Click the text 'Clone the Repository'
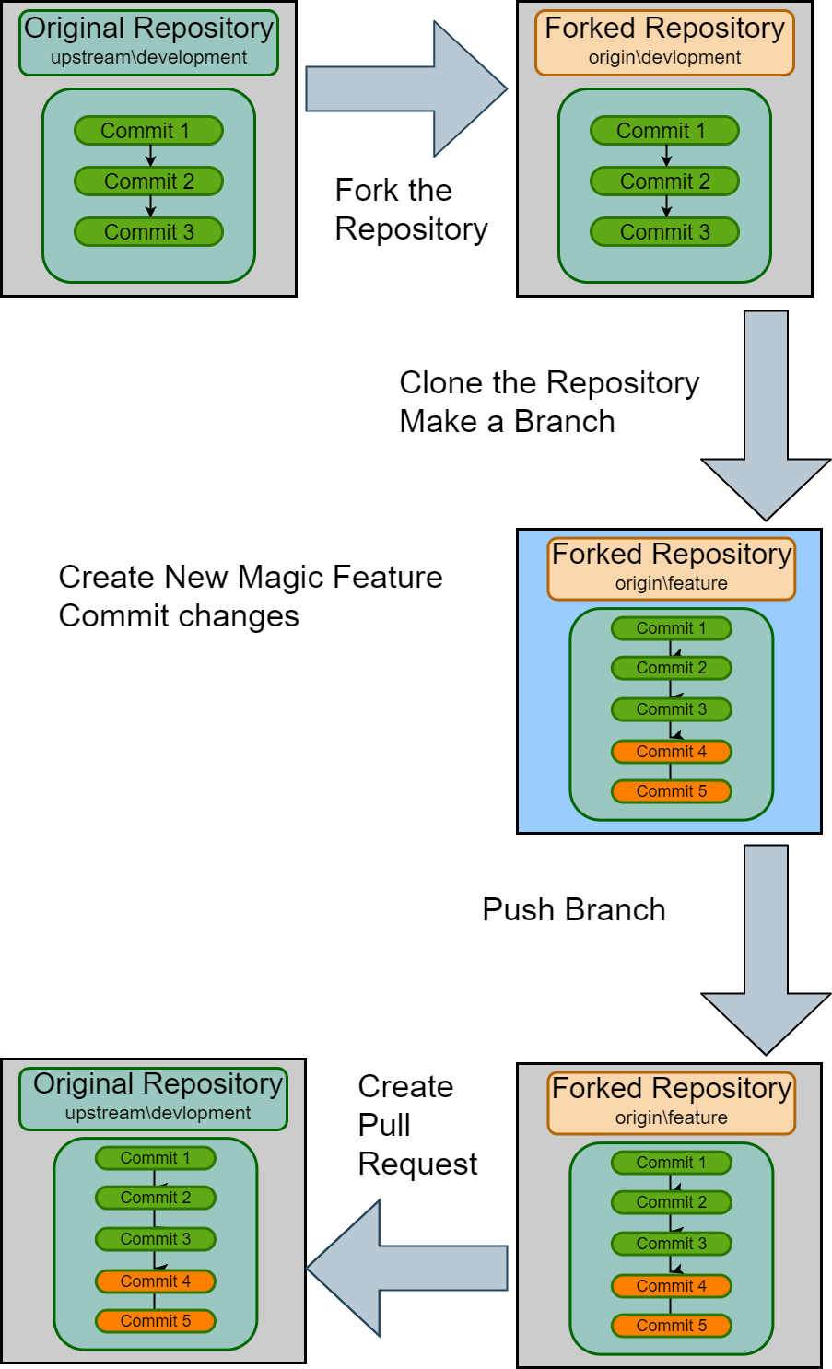click(x=549, y=382)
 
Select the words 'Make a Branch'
click(x=507, y=422)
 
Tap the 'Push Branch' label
click(x=573, y=910)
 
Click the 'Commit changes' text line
click(x=179, y=616)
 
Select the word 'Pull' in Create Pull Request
click(x=384, y=1125)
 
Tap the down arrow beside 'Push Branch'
click(x=766, y=949)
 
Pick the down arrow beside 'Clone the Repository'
click(x=766, y=415)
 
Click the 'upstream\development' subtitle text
click(x=148, y=57)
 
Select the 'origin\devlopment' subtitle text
click(x=664, y=57)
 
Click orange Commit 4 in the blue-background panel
click(x=671, y=752)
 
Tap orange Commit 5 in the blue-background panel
click(x=671, y=791)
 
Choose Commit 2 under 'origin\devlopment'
click(x=664, y=181)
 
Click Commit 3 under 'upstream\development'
click(x=148, y=232)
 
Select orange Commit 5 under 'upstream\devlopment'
click(x=155, y=1321)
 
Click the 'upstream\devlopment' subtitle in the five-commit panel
click(x=158, y=1113)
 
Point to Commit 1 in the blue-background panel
click(x=671, y=628)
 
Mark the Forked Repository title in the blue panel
click(x=671, y=555)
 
